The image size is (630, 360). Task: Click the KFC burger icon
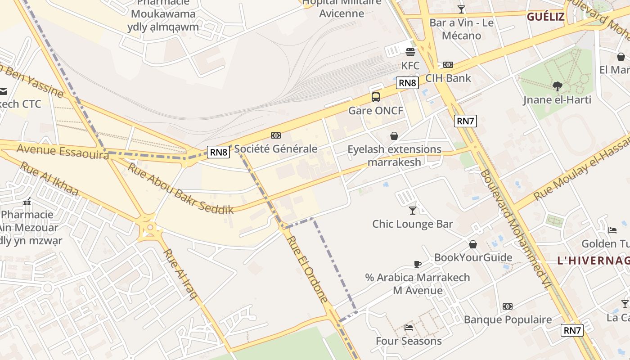410,52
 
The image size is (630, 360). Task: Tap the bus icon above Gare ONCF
375,97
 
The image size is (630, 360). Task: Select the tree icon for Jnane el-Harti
557,86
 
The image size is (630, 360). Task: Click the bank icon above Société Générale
275,135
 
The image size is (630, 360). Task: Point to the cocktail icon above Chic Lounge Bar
412,210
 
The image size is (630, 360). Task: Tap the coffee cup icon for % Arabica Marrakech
418,264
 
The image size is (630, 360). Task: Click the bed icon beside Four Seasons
409,327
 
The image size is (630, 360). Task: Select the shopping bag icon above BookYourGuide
472,244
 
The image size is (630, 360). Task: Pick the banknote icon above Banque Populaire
508,306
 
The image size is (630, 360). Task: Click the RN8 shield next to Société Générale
219,152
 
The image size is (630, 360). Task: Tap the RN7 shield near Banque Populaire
572,330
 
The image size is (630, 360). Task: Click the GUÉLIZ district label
545,17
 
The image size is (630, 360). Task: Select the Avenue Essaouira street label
63,151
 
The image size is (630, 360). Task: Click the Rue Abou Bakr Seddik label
181,188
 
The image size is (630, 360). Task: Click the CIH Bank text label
448,78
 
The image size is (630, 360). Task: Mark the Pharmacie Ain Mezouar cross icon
27,202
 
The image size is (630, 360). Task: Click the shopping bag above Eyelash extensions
394,136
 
